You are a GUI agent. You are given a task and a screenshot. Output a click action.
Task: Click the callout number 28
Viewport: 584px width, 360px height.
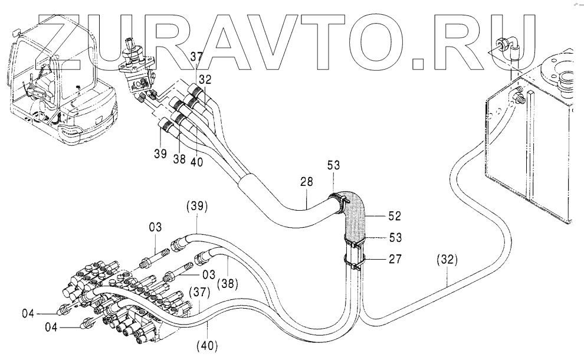pos(307,182)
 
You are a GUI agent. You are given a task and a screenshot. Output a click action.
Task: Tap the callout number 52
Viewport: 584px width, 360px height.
pos(394,216)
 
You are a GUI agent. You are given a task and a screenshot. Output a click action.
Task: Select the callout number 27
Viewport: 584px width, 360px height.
pos(395,258)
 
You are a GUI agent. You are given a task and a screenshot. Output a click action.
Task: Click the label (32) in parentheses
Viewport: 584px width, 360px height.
pos(447,260)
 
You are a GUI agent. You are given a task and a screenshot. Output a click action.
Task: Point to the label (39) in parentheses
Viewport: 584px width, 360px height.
pos(196,206)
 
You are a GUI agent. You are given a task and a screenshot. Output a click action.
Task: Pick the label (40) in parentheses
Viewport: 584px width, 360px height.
pos(206,345)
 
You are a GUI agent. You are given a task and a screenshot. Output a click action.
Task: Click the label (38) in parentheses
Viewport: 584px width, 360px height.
pos(228,283)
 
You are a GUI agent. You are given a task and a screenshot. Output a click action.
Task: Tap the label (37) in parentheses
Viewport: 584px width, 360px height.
pos(199,292)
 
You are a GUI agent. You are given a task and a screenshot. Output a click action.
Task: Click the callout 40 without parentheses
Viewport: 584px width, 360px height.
pos(196,162)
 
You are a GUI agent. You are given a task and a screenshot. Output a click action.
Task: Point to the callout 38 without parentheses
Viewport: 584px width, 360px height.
pos(179,159)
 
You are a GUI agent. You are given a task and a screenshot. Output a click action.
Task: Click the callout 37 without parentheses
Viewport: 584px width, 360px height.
pos(196,57)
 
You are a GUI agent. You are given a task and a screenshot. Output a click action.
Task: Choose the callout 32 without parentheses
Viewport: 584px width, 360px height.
pos(205,79)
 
